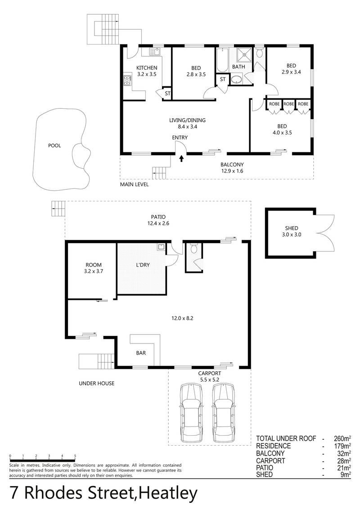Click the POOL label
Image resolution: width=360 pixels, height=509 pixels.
pyautogui.click(x=54, y=146)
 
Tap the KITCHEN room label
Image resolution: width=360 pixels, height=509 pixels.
pyautogui.click(x=147, y=68)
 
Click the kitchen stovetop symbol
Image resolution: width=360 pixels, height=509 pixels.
pyautogui.click(x=127, y=80)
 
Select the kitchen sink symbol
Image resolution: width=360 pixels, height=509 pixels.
pyautogui.click(x=155, y=52)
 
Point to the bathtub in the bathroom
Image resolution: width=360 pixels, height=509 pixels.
pyautogui.click(x=223, y=60)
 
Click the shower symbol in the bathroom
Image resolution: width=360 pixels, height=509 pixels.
pyautogui.click(x=244, y=54)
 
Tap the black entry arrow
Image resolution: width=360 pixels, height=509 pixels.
pyautogui.click(x=181, y=158)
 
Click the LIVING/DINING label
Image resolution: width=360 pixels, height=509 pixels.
pyautogui.click(x=187, y=121)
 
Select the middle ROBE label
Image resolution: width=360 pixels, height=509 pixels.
pyautogui.click(x=288, y=104)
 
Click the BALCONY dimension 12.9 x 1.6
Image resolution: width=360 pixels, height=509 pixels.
pyautogui.click(x=232, y=171)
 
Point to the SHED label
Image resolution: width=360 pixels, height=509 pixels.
pyautogui.click(x=292, y=228)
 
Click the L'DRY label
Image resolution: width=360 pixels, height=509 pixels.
pyautogui.click(x=143, y=265)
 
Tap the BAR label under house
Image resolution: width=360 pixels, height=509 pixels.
pyautogui.click(x=141, y=353)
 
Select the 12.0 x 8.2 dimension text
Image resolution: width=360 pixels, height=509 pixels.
pyautogui.click(x=182, y=318)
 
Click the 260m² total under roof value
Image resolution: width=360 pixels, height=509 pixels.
pyautogui.click(x=342, y=438)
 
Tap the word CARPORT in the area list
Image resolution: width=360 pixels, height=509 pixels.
pyautogui.click(x=270, y=460)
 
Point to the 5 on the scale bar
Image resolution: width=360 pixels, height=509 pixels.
pyautogui.click(x=75, y=456)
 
